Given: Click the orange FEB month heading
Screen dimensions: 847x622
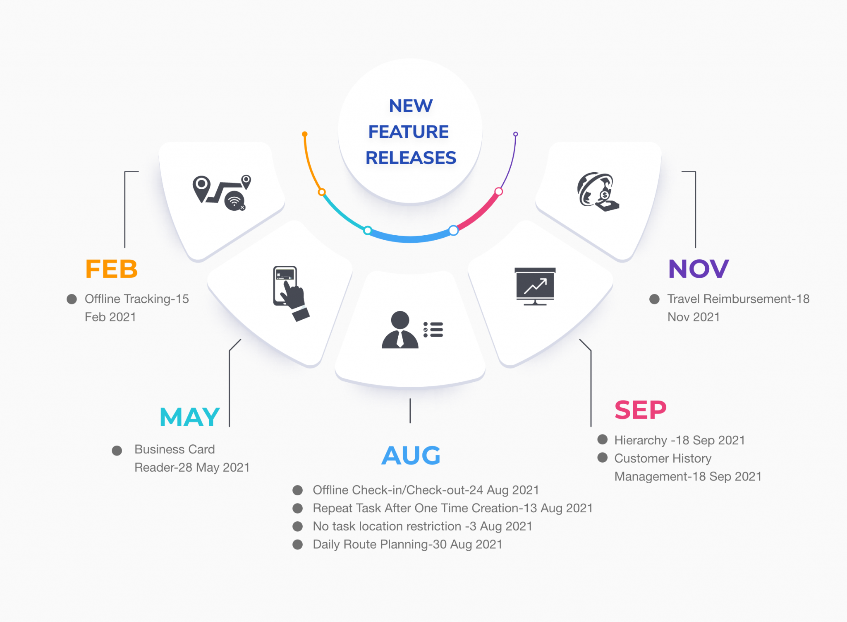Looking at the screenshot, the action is click(x=111, y=269).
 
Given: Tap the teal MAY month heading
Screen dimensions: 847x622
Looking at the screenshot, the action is click(x=189, y=417).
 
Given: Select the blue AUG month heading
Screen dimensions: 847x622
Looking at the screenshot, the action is click(x=411, y=456).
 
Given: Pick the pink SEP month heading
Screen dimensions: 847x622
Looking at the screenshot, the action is click(x=640, y=410).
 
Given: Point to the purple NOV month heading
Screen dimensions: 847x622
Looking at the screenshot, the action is click(x=699, y=269).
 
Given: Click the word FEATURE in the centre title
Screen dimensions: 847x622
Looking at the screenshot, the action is click(x=409, y=132).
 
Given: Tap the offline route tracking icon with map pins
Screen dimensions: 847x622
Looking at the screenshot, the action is click(x=222, y=193).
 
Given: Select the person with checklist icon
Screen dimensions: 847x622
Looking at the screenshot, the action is click(x=412, y=330).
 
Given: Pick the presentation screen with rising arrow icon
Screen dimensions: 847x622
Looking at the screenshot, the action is click(x=535, y=287).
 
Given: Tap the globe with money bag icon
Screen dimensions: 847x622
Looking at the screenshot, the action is click(x=598, y=192).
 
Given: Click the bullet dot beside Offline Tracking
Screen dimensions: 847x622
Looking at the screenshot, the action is click(x=72, y=299).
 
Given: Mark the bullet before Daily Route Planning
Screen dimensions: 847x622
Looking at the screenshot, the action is click(x=298, y=545).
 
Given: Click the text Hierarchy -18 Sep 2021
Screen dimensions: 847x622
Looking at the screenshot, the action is click(x=680, y=440).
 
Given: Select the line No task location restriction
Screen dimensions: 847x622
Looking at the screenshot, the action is click(x=422, y=526).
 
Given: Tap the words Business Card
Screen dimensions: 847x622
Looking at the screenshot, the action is click(x=175, y=449).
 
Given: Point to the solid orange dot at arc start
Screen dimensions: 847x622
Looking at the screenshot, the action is click(x=305, y=134).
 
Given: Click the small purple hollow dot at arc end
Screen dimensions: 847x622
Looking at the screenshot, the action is click(x=516, y=134).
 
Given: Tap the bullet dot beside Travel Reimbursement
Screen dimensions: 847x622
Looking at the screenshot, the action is click(x=654, y=299).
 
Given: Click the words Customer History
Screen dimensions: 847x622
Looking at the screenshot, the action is click(x=663, y=458).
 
